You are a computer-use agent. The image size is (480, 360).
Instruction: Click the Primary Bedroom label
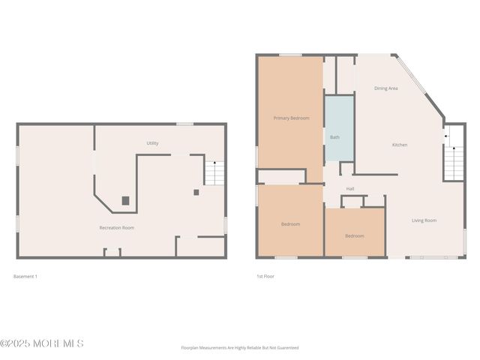[x=291, y=118]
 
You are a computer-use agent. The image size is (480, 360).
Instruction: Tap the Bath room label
[x=334, y=137]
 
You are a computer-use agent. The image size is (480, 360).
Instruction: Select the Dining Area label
[x=386, y=88]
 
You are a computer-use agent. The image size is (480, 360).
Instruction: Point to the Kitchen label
[x=400, y=145]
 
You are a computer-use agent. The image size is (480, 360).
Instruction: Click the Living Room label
[x=424, y=220]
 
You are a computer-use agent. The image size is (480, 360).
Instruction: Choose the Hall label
[x=350, y=188]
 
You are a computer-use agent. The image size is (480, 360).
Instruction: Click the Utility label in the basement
[x=152, y=143]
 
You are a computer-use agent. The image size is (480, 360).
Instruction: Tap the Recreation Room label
[x=117, y=227]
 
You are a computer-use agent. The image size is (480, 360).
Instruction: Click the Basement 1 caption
[x=25, y=276]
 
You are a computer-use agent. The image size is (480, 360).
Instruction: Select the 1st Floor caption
[x=265, y=276]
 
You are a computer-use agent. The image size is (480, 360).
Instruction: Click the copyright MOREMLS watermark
[x=42, y=343]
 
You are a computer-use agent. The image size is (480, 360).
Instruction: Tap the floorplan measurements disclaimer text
[x=239, y=348]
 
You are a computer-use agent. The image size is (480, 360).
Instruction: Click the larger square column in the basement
[x=125, y=200]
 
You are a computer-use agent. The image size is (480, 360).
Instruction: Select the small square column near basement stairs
[x=196, y=192]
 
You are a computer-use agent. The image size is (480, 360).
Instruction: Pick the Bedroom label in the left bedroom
[x=290, y=224]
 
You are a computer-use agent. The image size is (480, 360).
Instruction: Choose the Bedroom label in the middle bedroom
[x=354, y=236]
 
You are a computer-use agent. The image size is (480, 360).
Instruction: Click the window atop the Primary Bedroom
[x=290, y=55]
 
